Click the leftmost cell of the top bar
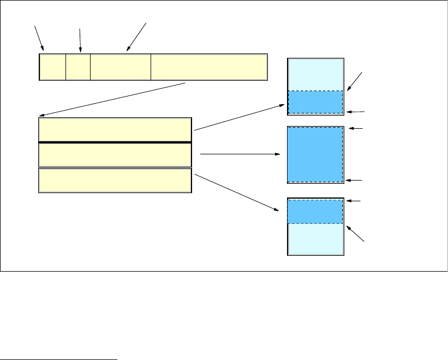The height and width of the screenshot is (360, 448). click(52, 67)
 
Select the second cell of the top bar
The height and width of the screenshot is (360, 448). click(78, 67)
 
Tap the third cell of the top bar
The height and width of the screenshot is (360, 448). click(121, 67)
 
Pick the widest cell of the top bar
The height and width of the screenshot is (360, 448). click(209, 67)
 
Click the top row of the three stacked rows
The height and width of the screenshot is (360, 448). click(115, 129)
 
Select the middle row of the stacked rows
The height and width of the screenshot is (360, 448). click(115, 155)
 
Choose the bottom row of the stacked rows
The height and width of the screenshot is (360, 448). click(115, 181)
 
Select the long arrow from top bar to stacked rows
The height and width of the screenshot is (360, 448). click(113, 99)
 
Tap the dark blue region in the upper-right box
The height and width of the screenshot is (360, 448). click(315, 102)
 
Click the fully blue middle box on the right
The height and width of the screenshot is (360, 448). click(315, 155)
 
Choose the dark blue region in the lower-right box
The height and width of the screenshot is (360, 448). click(315, 212)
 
